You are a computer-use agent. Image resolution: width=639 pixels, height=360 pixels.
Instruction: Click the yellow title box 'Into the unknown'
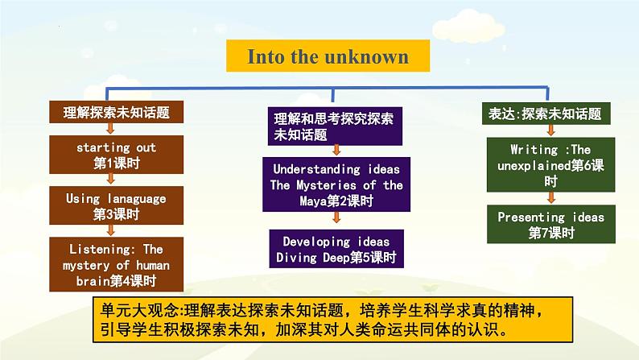(328, 56)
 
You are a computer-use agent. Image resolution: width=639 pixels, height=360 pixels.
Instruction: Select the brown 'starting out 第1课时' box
(116, 155)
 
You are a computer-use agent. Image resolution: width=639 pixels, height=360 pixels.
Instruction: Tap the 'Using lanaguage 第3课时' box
(116, 205)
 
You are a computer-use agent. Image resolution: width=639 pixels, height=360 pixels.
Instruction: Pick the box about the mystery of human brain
(116, 264)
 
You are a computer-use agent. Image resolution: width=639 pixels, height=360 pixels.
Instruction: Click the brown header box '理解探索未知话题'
(116, 112)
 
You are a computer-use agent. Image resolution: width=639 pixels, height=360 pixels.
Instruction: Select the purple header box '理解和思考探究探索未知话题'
(335, 126)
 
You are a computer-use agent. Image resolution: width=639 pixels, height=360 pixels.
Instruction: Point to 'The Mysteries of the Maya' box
(336, 184)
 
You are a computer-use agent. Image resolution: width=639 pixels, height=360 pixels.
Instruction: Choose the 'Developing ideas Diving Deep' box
(336, 249)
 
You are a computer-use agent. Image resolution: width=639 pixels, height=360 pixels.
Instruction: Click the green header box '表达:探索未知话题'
(546, 114)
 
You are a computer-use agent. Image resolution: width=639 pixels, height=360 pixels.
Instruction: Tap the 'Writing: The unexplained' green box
(550, 165)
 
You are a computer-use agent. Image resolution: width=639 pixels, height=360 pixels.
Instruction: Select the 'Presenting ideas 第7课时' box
(551, 224)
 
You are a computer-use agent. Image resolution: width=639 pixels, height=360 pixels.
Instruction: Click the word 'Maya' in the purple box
(313, 201)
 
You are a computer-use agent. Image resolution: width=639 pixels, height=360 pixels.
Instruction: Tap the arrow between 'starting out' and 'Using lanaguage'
(110, 179)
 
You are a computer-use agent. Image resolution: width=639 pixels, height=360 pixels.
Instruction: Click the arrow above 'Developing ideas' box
(336, 217)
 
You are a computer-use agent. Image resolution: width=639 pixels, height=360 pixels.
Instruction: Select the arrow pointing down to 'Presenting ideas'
(551, 197)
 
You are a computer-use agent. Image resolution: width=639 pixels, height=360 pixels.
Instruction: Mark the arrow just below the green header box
(551, 130)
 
